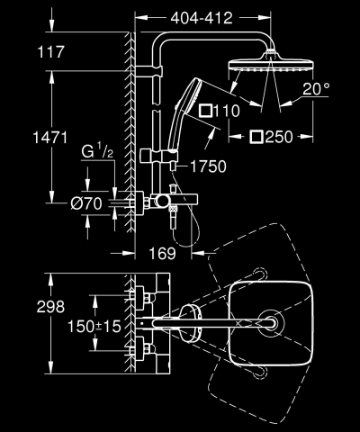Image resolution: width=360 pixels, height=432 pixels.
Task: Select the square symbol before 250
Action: pos(257,138)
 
